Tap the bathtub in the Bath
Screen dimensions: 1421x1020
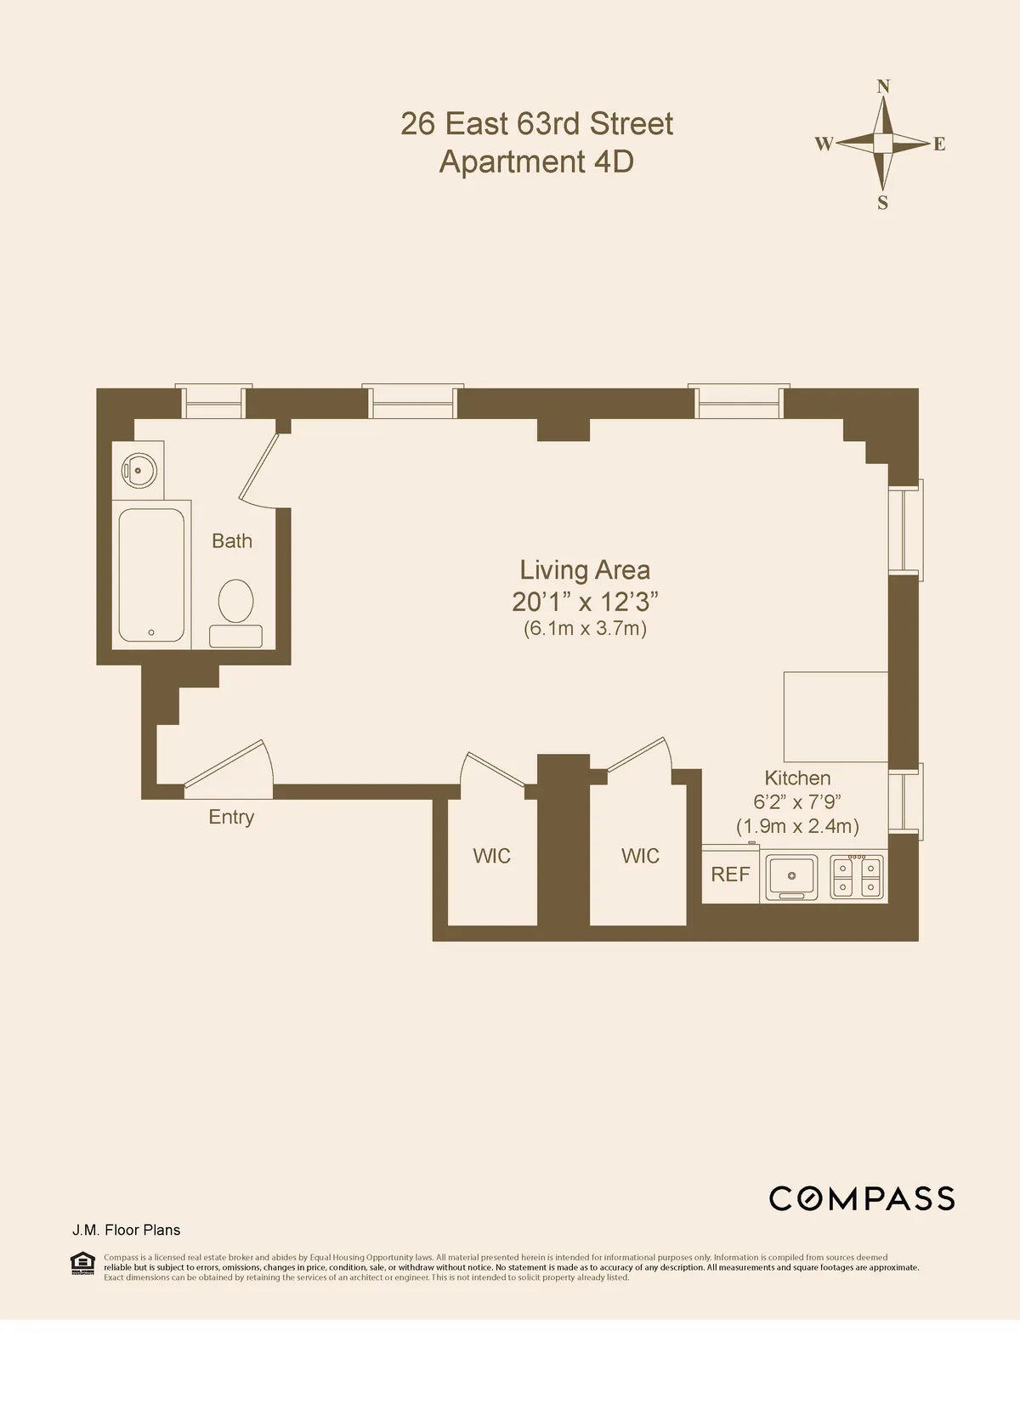(151, 575)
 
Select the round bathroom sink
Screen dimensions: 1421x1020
(138, 467)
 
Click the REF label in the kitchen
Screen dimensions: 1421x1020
(730, 875)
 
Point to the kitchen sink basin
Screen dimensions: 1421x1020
(791, 875)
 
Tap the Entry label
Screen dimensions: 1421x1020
(231, 817)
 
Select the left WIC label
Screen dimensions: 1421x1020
(491, 856)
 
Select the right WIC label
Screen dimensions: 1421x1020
(640, 856)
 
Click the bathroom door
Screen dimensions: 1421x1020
(259, 467)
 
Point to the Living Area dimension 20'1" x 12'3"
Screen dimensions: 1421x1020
(585, 602)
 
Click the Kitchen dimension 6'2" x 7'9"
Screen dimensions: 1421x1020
(796, 801)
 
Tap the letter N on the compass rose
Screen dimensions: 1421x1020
(883, 86)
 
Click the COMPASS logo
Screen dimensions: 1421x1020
(861, 1198)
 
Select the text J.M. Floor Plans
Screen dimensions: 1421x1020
(126, 1230)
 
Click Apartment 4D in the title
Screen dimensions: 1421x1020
(536, 161)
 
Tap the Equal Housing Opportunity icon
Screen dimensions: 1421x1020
(82, 1263)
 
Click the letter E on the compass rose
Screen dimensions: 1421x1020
(939, 144)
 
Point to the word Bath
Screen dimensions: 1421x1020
(231, 541)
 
